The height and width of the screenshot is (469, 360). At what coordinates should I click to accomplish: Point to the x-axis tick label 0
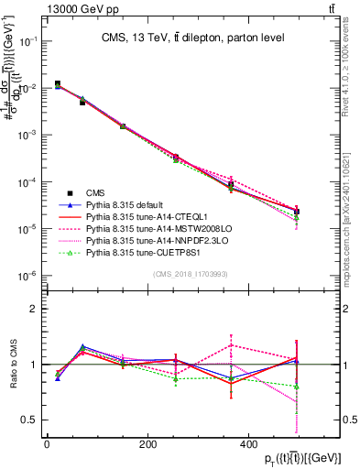47,444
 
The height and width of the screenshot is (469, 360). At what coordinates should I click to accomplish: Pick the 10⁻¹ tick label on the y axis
27,42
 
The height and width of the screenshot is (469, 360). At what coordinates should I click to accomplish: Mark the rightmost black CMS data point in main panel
297,212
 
